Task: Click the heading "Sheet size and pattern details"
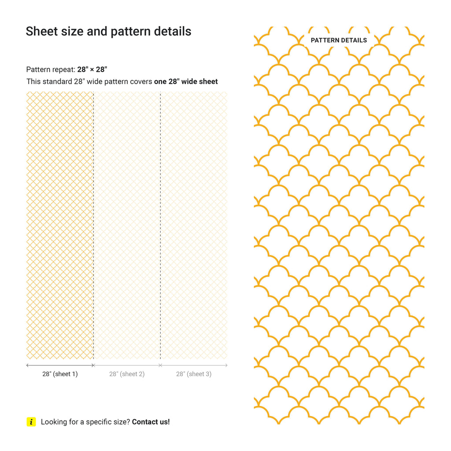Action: [108, 31]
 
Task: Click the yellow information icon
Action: [31, 422]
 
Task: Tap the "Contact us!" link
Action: [151, 422]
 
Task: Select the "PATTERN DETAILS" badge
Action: [339, 40]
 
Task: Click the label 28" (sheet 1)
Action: [60, 374]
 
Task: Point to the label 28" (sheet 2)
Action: [127, 374]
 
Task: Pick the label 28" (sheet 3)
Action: [194, 374]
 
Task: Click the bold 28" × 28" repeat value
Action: [92, 70]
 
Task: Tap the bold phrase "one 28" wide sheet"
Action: [186, 81]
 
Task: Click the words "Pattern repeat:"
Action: [51, 70]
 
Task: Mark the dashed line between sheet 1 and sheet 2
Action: [93, 225]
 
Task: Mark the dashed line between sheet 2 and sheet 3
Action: [160, 225]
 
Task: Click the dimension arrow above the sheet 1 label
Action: [60, 365]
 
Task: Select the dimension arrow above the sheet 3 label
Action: [194, 365]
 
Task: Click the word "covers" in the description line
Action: [141, 81]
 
